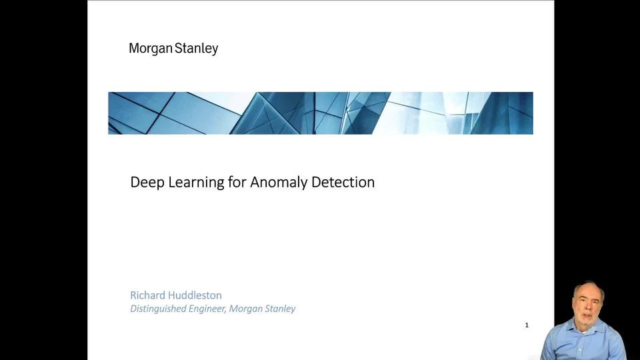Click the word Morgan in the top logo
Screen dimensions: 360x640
[x=151, y=49]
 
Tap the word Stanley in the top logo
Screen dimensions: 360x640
[x=197, y=49]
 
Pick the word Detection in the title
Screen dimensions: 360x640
[x=343, y=181]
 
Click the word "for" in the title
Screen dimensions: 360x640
[x=237, y=181]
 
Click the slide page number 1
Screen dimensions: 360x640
[x=527, y=325]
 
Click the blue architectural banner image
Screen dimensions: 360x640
[x=320, y=113]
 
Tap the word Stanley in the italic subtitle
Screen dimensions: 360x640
[x=278, y=309]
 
